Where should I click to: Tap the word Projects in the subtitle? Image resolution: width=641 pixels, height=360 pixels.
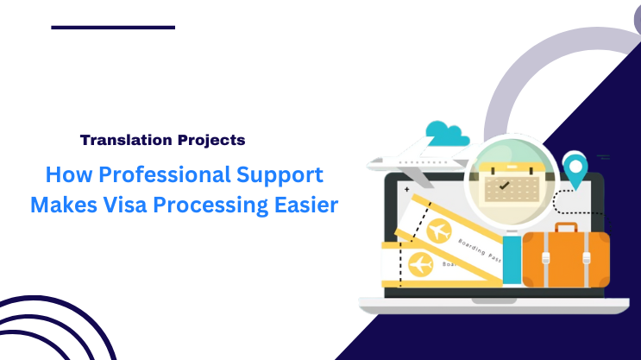(x=210, y=139)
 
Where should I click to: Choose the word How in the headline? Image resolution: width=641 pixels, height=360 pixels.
(x=64, y=175)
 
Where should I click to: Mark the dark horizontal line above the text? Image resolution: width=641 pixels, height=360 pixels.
(x=113, y=28)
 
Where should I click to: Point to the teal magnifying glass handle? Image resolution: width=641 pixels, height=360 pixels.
(x=512, y=260)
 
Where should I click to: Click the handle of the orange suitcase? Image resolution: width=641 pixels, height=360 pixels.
(x=566, y=228)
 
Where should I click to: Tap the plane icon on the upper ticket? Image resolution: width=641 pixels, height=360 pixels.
(x=440, y=231)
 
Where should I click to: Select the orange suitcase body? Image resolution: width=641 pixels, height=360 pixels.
(x=566, y=259)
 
